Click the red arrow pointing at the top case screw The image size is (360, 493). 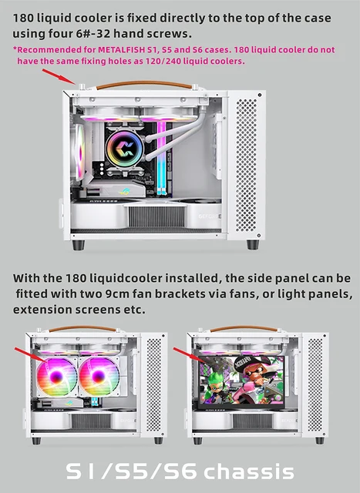[x=59, y=75]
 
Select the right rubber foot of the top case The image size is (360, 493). [x=253, y=244]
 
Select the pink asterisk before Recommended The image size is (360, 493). [x=15, y=49]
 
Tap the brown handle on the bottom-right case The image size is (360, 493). [x=246, y=329]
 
